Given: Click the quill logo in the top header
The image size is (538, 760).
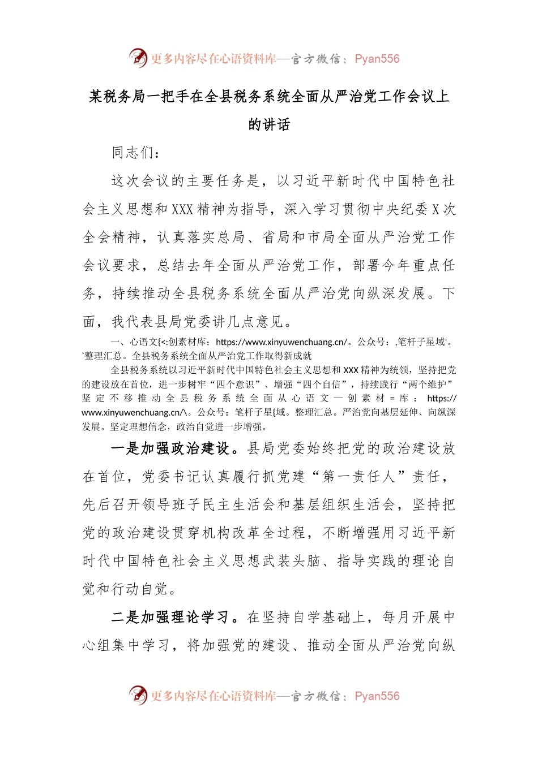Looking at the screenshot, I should click(x=138, y=58).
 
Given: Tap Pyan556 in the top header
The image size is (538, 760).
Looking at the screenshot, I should click(x=377, y=59).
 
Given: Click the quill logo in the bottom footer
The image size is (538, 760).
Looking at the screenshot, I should click(x=138, y=695).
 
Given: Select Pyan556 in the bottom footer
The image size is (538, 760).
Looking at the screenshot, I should click(x=377, y=696).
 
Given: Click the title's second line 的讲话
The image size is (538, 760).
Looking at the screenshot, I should click(x=269, y=124).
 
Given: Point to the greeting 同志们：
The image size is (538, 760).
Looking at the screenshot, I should click(x=136, y=153).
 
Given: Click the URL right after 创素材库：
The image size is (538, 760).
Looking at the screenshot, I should click(x=281, y=342).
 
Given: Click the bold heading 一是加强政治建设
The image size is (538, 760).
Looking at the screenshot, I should click(x=170, y=448).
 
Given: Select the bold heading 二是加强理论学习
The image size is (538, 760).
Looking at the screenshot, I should click(x=170, y=617).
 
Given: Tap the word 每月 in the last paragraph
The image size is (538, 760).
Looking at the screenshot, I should click(x=396, y=617).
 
